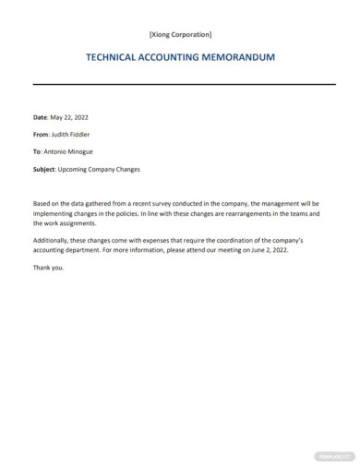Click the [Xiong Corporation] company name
coord(180,35)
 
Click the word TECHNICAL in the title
coord(117,57)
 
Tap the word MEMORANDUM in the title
coord(240,57)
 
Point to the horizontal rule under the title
coord(180,85)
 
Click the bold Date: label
coord(40,117)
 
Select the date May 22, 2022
coord(71,117)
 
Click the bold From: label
coord(41,135)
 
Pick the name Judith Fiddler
coord(76,135)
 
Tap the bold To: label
coord(37,151)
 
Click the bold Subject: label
coord(44,168)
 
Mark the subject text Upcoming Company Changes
coord(99,168)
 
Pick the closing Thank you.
coord(49,268)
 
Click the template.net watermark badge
coord(334,455)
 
